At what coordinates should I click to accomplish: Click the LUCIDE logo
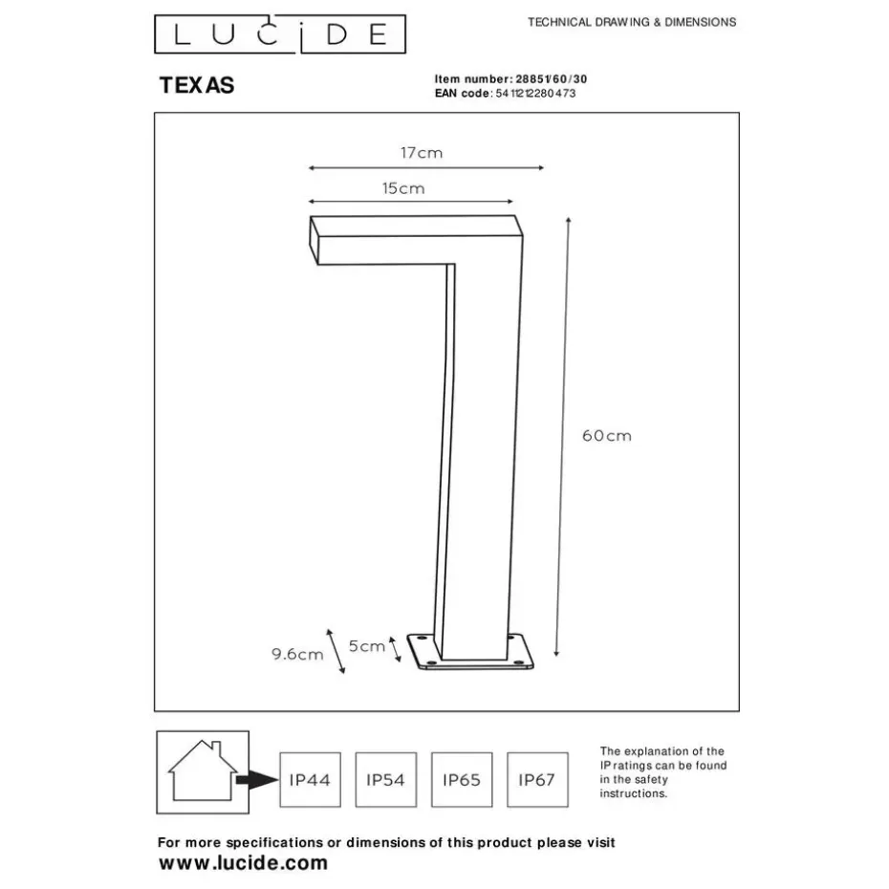(280, 34)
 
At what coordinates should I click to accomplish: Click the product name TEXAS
(197, 86)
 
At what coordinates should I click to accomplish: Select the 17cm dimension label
(422, 153)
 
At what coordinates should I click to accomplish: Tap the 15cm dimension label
(403, 188)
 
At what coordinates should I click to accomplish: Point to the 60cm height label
(607, 436)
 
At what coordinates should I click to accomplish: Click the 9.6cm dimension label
(297, 654)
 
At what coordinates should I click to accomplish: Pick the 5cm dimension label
(367, 646)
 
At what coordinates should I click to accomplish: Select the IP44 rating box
(310, 780)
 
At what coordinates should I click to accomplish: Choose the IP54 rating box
(386, 780)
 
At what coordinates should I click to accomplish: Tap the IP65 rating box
(462, 780)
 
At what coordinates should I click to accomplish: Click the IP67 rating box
(537, 780)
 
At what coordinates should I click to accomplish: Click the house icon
(203, 770)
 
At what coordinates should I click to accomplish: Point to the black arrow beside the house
(257, 780)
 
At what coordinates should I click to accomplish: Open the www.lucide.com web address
(243, 863)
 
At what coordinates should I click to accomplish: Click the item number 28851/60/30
(552, 79)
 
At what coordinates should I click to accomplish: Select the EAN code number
(535, 94)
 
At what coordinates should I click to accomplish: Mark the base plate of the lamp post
(470, 652)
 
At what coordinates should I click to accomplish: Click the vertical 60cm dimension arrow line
(562, 437)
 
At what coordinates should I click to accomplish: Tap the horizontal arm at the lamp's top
(416, 240)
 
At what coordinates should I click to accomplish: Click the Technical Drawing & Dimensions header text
(632, 23)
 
